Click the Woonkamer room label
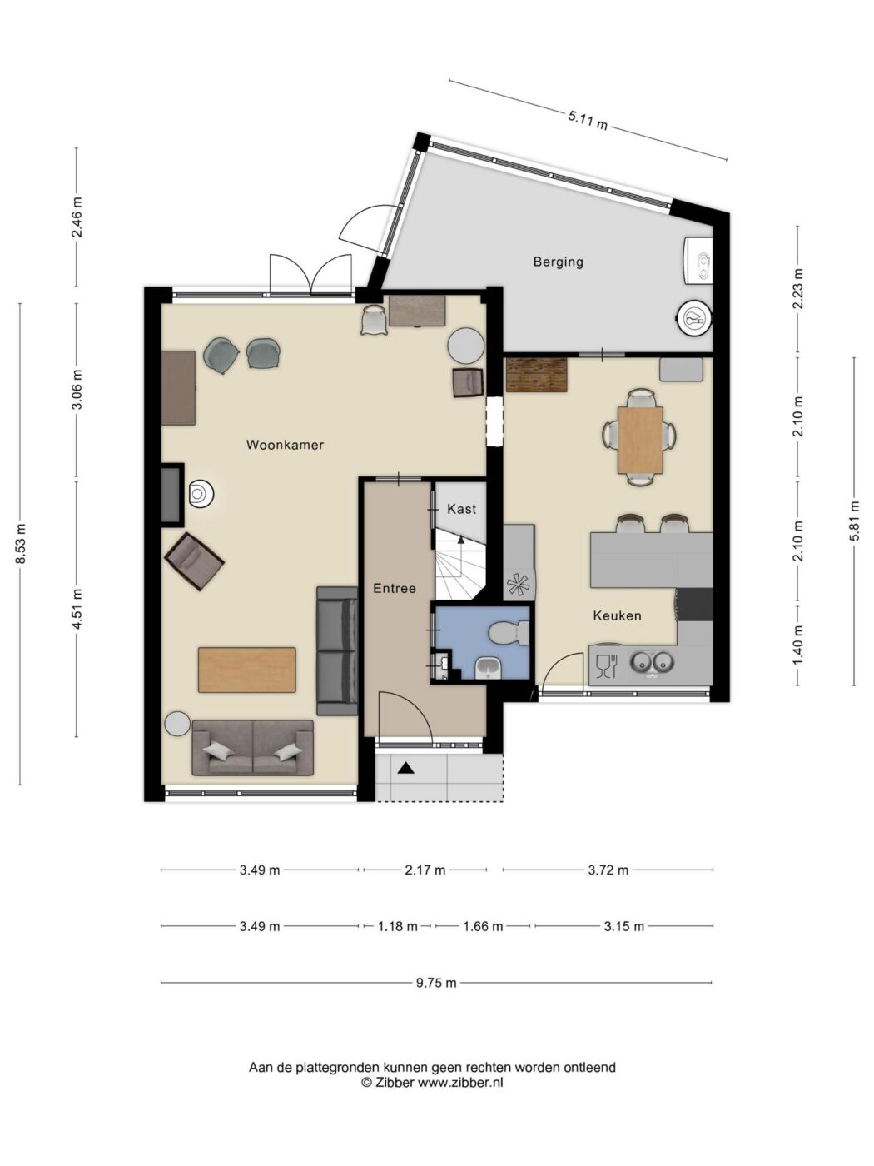pyautogui.click(x=285, y=445)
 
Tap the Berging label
pyautogui.click(x=559, y=262)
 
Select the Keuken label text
pyautogui.click(x=617, y=615)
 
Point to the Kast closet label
pyautogui.click(x=462, y=509)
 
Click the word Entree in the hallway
pyautogui.click(x=395, y=588)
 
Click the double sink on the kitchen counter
pyautogui.click(x=651, y=662)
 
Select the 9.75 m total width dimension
pyautogui.click(x=436, y=983)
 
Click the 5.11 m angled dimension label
pyautogui.click(x=588, y=120)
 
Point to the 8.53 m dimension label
pyautogui.click(x=21, y=544)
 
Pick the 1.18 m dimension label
pyautogui.click(x=398, y=926)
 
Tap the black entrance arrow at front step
pyautogui.click(x=405, y=768)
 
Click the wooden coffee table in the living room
pyautogui.click(x=246, y=670)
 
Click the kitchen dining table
pyautogui.click(x=640, y=439)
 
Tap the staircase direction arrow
pyautogui.click(x=461, y=539)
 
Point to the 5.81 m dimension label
pyautogui.click(x=854, y=521)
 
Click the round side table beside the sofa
pyautogui.click(x=177, y=724)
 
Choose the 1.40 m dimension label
pyautogui.click(x=797, y=645)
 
